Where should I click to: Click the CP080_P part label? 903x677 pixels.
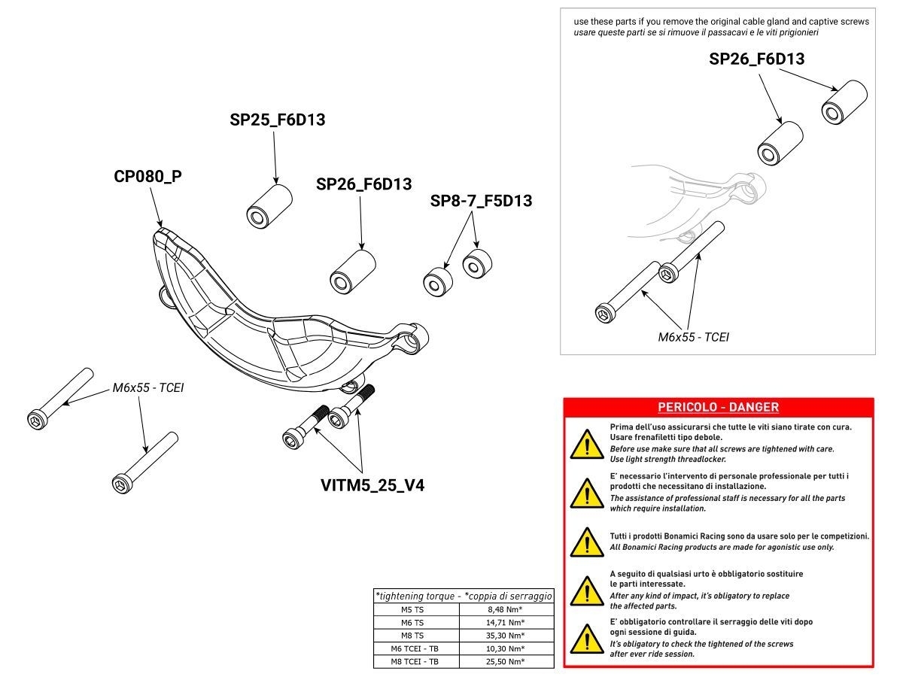click(148, 177)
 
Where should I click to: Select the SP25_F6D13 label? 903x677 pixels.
click(277, 119)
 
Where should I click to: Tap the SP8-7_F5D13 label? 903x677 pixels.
click(481, 201)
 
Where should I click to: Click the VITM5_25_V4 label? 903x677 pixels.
click(372, 485)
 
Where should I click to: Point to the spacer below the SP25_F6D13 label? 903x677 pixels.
click(269, 204)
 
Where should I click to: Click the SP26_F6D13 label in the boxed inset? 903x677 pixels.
click(756, 59)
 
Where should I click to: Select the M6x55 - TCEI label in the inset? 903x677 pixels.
click(693, 336)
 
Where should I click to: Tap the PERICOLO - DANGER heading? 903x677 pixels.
click(718, 407)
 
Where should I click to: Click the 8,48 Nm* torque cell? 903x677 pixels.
click(506, 609)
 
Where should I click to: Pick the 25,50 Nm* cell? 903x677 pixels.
click(506, 662)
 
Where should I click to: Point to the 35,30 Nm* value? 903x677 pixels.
click(506, 636)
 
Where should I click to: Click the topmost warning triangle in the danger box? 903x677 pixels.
click(585, 444)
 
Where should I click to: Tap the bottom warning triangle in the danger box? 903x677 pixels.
click(585, 639)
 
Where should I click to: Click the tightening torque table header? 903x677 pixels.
click(464, 596)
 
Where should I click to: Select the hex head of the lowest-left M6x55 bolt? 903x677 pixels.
click(122, 482)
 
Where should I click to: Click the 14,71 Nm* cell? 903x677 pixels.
click(506, 622)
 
